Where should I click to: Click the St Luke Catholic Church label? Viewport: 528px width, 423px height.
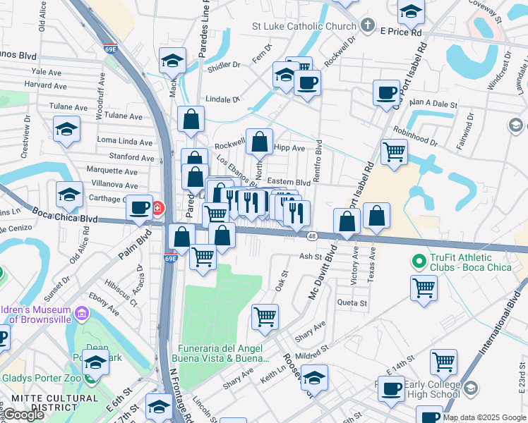coord(304,27)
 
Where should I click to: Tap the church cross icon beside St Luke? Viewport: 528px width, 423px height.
coord(367,26)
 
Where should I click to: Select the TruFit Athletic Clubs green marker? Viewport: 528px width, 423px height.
coord(420,261)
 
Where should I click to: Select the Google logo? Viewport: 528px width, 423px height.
coord(24,415)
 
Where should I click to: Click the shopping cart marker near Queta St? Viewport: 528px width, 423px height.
coord(424,287)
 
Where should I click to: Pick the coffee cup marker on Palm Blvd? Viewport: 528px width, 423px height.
coord(140,207)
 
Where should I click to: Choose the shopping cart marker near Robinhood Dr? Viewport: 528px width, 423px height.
coord(394,151)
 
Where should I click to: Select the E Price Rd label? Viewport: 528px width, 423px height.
coord(400,32)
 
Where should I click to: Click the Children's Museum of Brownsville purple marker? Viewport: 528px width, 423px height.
coord(81,312)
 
